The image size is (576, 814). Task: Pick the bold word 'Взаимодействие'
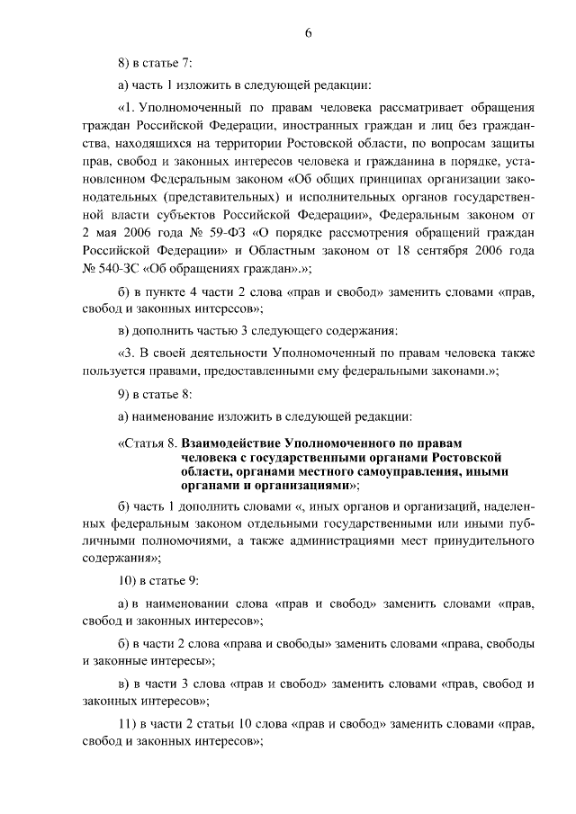231,443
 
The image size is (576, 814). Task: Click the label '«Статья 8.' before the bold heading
147,443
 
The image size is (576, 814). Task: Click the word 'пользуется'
112,371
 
